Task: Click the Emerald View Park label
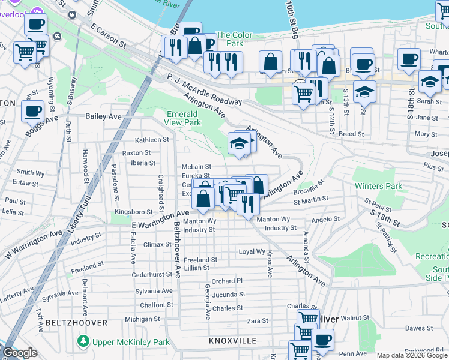[x=183, y=118]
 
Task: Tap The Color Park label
[x=234, y=40]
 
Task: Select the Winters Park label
[x=378, y=186]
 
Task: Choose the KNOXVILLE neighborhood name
[x=233, y=341]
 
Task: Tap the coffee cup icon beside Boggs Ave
[x=33, y=110]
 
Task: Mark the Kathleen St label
[x=152, y=140]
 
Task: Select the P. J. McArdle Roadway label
[x=203, y=88]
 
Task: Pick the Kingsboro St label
[x=134, y=212]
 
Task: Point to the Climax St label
[x=157, y=245]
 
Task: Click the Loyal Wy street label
[x=252, y=252]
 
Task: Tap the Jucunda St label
[x=228, y=295]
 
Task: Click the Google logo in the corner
[x=20, y=353]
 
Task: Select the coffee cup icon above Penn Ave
[x=322, y=339]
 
